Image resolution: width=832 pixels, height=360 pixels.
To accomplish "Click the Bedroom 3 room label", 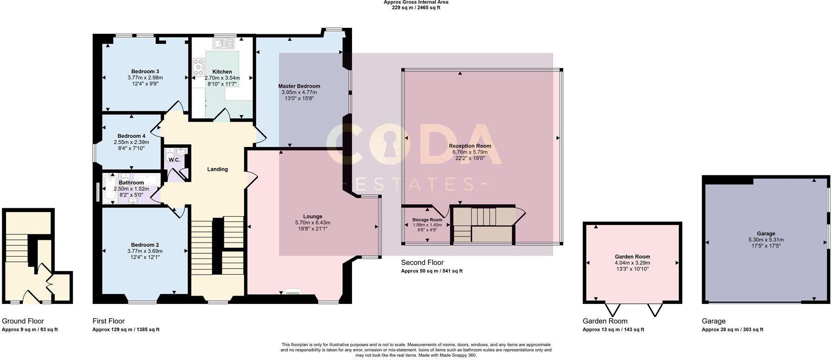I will [x=145, y=71].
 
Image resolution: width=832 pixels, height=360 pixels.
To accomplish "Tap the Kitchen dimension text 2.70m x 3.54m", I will [x=222, y=78].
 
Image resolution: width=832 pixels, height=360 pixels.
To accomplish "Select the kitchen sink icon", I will [x=224, y=44].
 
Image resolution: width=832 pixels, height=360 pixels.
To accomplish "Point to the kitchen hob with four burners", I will [x=199, y=67].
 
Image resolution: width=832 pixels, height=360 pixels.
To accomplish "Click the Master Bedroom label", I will [x=299, y=86].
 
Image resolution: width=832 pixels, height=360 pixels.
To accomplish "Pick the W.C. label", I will [x=174, y=160].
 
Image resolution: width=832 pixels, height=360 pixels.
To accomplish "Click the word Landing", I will [x=218, y=169].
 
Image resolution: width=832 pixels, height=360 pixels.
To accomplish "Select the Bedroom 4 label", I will [x=131, y=136].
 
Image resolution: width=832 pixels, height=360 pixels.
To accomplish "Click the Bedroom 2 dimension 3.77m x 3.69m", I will [x=145, y=251].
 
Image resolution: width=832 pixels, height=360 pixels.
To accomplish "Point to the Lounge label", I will [x=313, y=217].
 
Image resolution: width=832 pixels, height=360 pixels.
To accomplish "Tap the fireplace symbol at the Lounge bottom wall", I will [x=293, y=292].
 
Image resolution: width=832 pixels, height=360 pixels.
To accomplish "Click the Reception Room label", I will [x=470, y=146].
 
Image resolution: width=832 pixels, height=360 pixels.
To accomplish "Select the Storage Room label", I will [x=427, y=220].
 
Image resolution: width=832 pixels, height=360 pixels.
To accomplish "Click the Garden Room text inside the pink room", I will [x=632, y=257].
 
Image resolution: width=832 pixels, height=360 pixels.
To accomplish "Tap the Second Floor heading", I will [x=422, y=263].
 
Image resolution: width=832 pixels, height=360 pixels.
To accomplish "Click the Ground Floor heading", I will [x=23, y=321].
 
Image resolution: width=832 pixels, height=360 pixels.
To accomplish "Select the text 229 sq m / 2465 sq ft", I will [x=416, y=7].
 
